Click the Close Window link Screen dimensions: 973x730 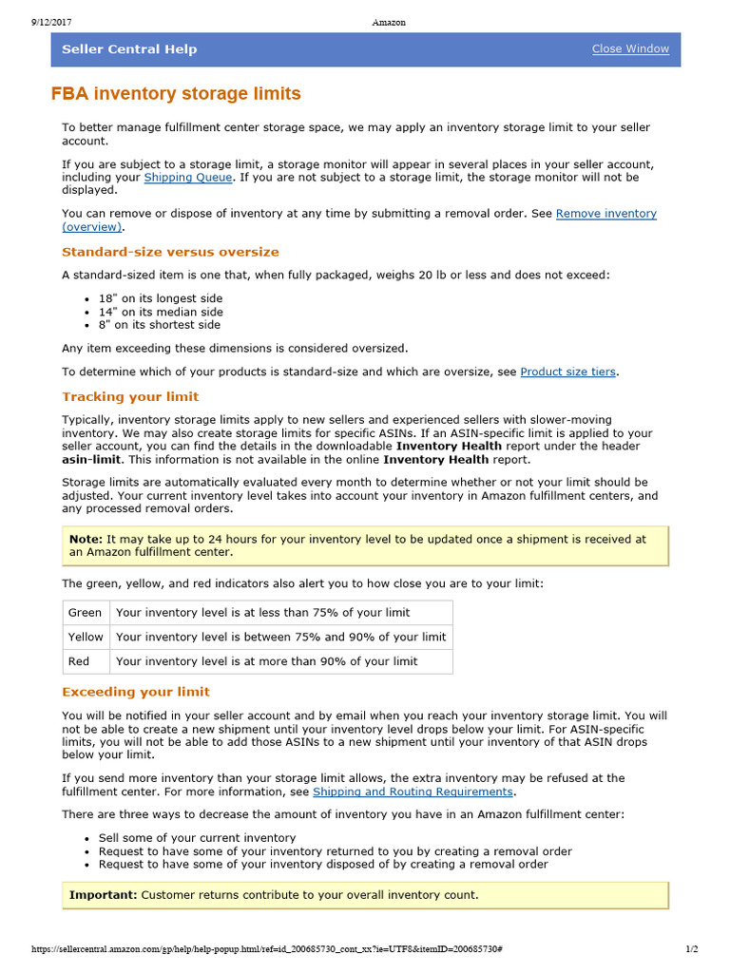630,49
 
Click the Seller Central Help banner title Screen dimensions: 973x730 129,49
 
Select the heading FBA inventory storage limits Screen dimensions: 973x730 176,93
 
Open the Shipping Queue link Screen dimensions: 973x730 187,178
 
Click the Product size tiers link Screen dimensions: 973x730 567,372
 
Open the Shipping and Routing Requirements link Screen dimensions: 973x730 413,792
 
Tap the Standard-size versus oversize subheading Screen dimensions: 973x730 170,252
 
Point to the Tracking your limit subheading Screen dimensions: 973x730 130,396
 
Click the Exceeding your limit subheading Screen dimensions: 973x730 136,692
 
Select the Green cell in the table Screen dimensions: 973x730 85,613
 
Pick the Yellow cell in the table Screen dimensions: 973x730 86,637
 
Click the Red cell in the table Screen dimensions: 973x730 79,661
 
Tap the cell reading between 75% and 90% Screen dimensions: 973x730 280,637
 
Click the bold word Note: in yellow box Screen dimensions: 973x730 86,539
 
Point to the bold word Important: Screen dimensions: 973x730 103,895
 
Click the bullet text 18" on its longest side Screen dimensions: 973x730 161,298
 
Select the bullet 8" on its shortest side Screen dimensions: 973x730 160,324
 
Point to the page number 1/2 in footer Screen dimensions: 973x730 692,949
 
